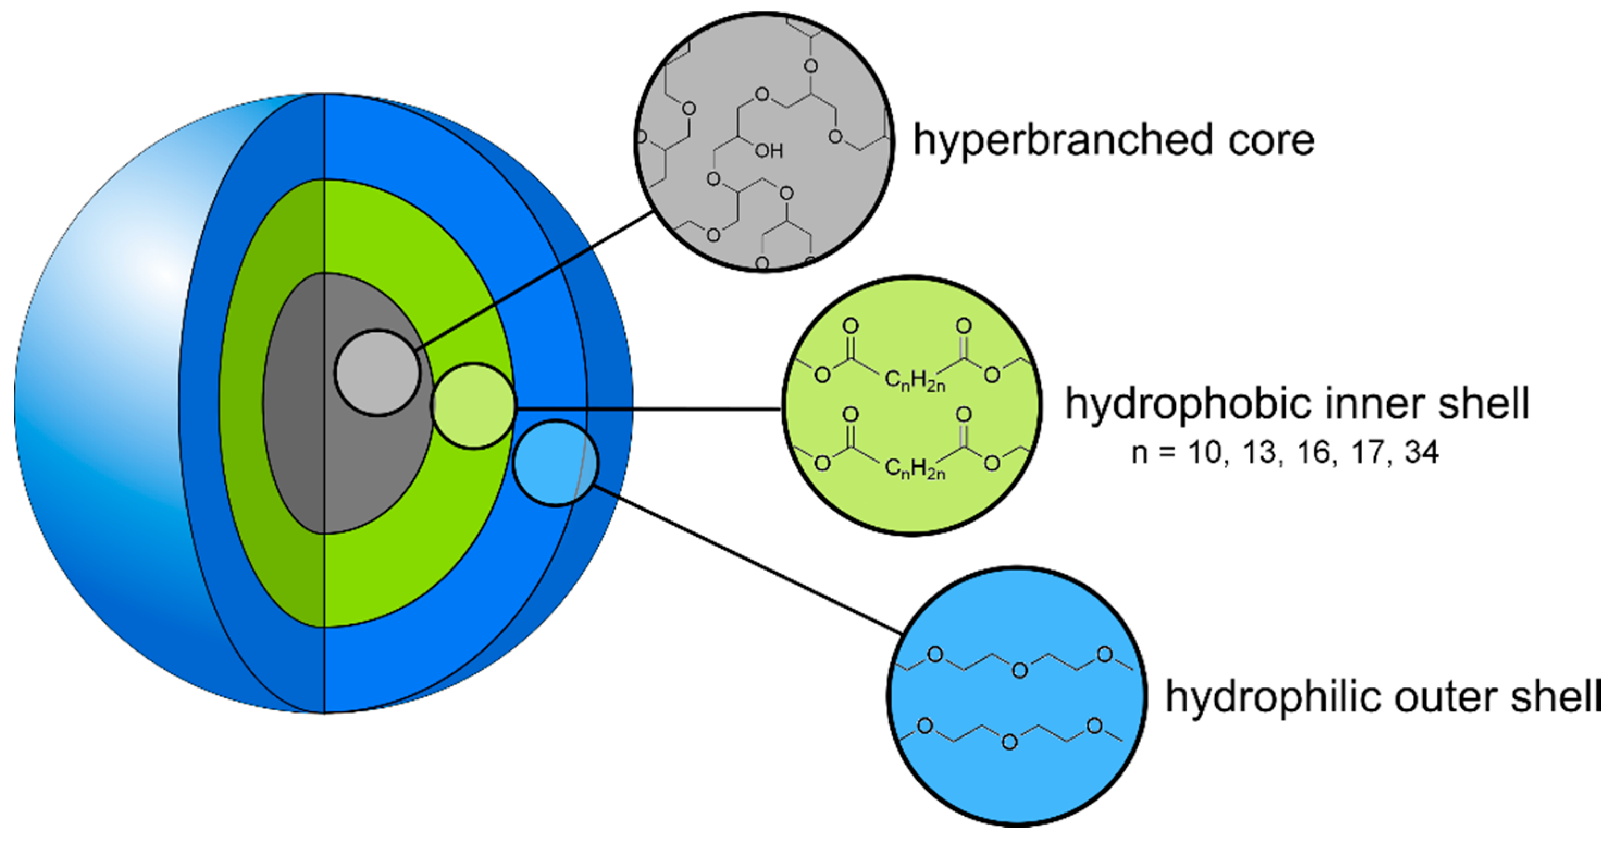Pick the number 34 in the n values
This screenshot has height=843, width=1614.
(1421, 453)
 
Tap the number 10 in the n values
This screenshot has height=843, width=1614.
(1204, 453)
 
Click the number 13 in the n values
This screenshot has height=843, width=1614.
(1259, 453)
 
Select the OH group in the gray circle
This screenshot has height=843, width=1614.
(769, 151)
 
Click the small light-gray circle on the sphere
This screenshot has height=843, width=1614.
(378, 373)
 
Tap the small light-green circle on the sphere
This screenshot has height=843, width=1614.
(474, 406)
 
